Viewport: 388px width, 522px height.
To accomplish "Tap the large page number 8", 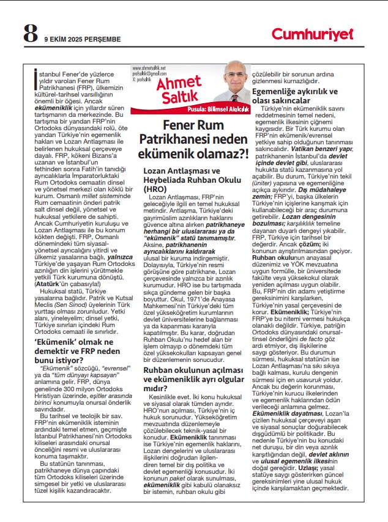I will coord(31,34).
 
